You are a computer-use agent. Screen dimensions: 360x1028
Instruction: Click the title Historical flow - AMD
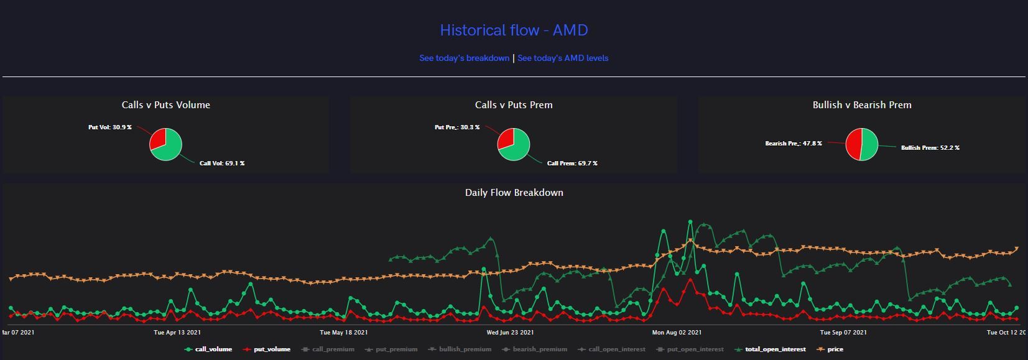click(x=514, y=30)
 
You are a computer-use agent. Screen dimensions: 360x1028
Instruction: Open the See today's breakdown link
click(x=464, y=58)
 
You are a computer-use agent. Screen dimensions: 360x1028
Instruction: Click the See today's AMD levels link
click(x=563, y=58)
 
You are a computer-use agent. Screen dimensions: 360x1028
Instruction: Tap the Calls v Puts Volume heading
click(x=165, y=105)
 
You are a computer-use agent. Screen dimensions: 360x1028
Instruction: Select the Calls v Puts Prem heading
click(x=514, y=105)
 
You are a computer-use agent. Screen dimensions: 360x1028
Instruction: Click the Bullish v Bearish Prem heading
click(x=862, y=105)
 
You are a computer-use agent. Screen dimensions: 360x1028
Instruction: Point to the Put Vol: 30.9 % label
click(x=110, y=127)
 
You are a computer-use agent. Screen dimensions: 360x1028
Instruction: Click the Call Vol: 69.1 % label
click(x=222, y=163)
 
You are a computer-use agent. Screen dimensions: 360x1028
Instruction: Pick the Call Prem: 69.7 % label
click(x=572, y=163)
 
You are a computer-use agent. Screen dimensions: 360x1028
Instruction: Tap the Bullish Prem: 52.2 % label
click(x=930, y=148)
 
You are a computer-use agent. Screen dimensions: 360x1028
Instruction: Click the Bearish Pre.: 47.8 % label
click(x=794, y=143)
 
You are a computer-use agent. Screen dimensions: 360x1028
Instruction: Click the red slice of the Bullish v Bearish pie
click(x=854, y=144)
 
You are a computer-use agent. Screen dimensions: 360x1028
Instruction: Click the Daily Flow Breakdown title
click(x=514, y=193)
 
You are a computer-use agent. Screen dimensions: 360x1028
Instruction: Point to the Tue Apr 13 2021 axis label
click(x=177, y=333)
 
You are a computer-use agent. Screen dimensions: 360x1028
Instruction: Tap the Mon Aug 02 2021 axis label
click(x=677, y=333)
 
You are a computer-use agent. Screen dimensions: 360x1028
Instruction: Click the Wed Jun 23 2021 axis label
click(x=510, y=333)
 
